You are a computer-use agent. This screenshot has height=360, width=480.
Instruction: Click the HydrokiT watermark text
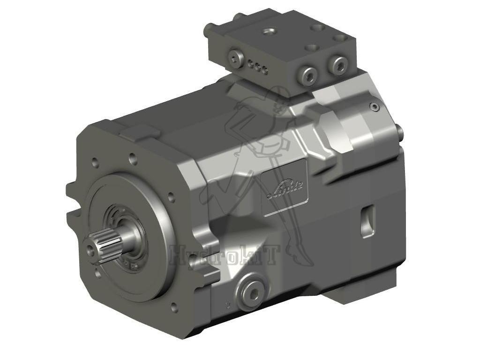pyautogui.click(x=225, y=255)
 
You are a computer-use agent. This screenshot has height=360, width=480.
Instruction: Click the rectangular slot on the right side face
pyautogui.click(x=367, y=220)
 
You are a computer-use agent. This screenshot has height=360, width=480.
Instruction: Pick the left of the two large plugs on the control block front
pyautogui.click(x=309, y=75)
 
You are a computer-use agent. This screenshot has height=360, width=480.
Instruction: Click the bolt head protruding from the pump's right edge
pyautogui.click(x=399, y=131)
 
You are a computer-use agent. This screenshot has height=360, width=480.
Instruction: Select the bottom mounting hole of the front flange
pyautogui.click(x=174, y=307)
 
